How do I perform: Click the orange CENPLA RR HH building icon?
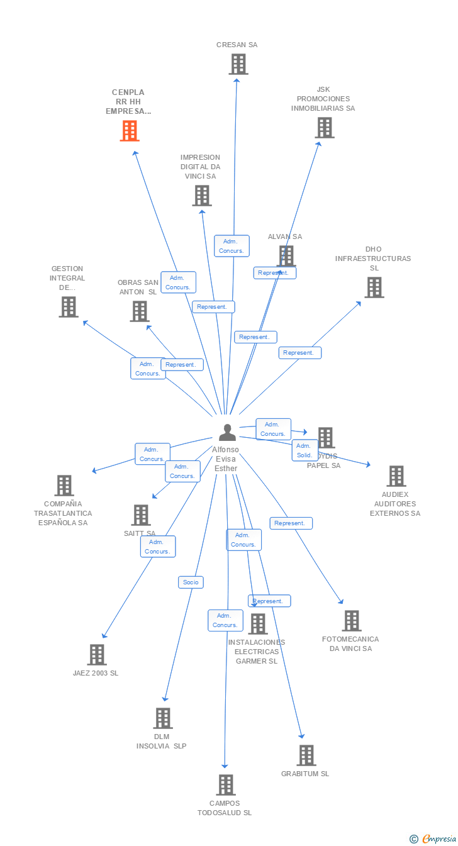click(x=130, y=131)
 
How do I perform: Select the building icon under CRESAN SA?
click(x=238, y=64)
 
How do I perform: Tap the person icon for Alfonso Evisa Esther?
click(x=227, y=433)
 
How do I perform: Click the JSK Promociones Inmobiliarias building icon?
click(x=324, y=128)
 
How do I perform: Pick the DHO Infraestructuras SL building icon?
click(x=374, y=287)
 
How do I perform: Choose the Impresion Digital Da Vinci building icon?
click(x=202, y=196)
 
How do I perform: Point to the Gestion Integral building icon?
click(x=69, y=307)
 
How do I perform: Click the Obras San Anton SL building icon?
click(x=139, y=311)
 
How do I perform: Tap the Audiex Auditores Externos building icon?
click(x=396, y=476)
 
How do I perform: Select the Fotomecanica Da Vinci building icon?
click(x=351, y=621)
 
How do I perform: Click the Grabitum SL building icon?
click(x=306, y=755)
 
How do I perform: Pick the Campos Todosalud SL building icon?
click(x=226, y=785)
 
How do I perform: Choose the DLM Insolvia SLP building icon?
click(x=162, y=718)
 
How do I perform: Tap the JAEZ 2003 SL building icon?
click(x=96, y=655)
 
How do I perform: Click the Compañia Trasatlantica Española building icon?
click(x=64, y=486)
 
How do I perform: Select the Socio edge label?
click(x=191, y=582)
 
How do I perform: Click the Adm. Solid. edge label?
click(x=304, y=450)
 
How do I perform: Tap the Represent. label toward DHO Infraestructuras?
click(x=299, y=353)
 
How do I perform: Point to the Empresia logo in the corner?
click(x=433, y=838)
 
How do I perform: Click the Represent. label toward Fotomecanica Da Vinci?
click(x=291, y=523)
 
